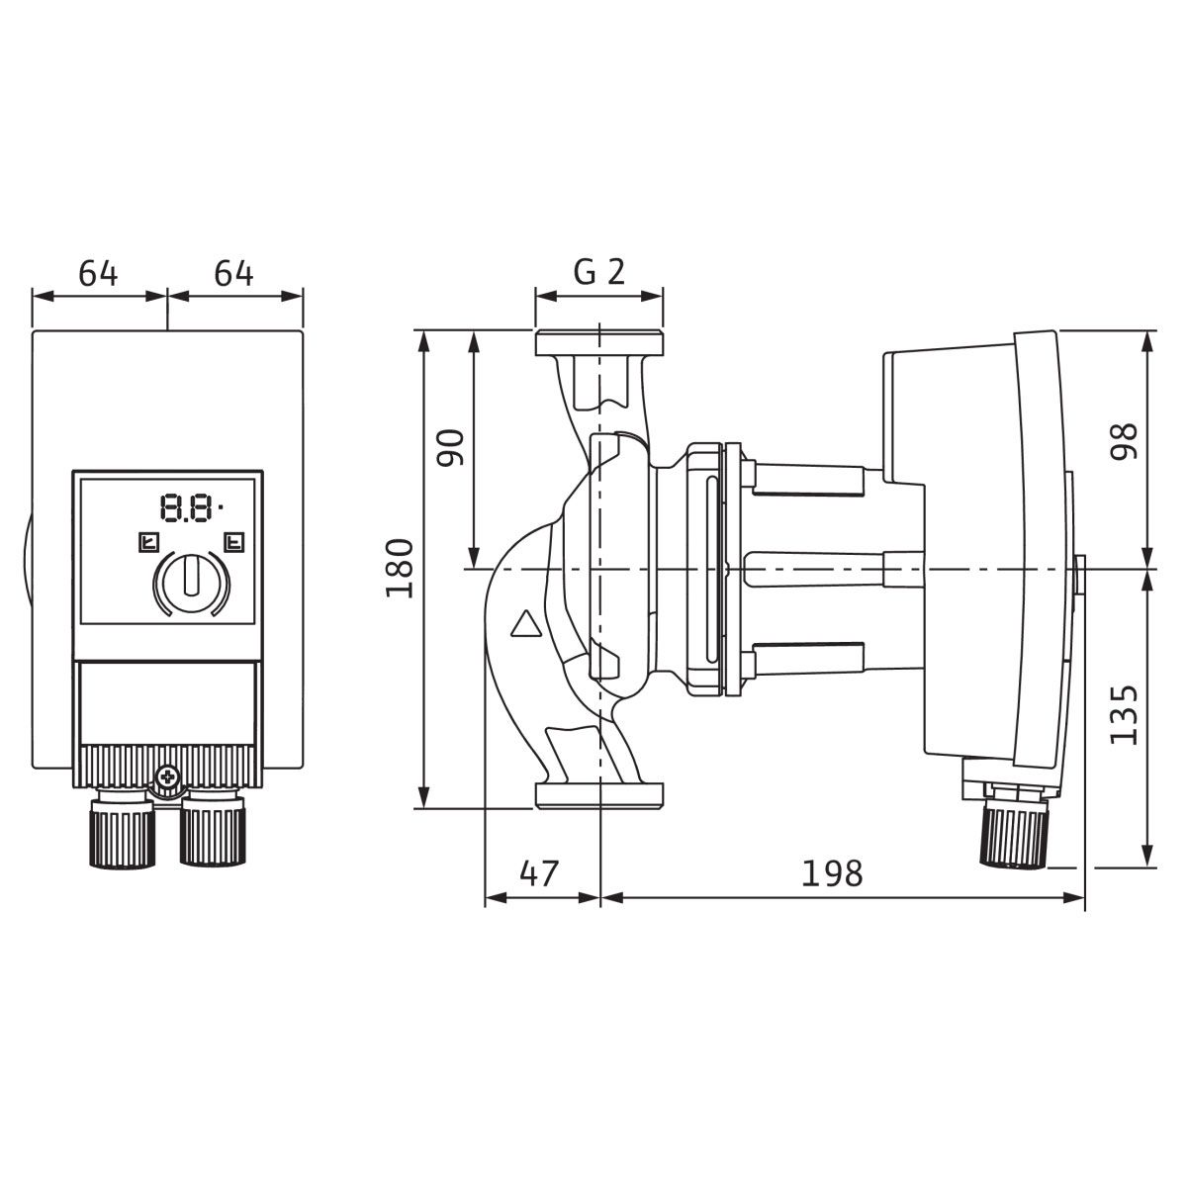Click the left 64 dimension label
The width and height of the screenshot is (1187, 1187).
[x=98, y=273]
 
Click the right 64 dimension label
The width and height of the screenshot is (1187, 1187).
[x=233, y=273]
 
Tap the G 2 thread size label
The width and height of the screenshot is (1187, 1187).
[x=599, y=272]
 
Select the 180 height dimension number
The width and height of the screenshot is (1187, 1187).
[x=400, y=568]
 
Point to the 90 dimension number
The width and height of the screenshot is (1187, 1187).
[x=450, y=448]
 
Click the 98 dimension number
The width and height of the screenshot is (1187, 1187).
[x=1124, y=441]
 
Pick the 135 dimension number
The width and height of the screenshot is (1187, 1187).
[x=1124, y=714]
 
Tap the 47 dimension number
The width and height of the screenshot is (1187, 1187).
[x=539, y=872]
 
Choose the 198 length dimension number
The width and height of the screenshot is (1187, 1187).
[x=832, y=872]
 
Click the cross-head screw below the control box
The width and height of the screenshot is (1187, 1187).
[x=167, y=776]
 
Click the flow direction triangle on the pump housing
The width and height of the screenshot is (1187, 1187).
[x=525, y=623]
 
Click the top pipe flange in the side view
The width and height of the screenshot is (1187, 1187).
[x=599, y=343]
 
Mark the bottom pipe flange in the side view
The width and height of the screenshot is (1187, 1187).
[x=599, y=795]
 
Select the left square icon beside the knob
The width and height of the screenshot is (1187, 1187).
[x=149, y=542]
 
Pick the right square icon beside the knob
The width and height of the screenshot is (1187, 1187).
[x=234, y=542]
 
